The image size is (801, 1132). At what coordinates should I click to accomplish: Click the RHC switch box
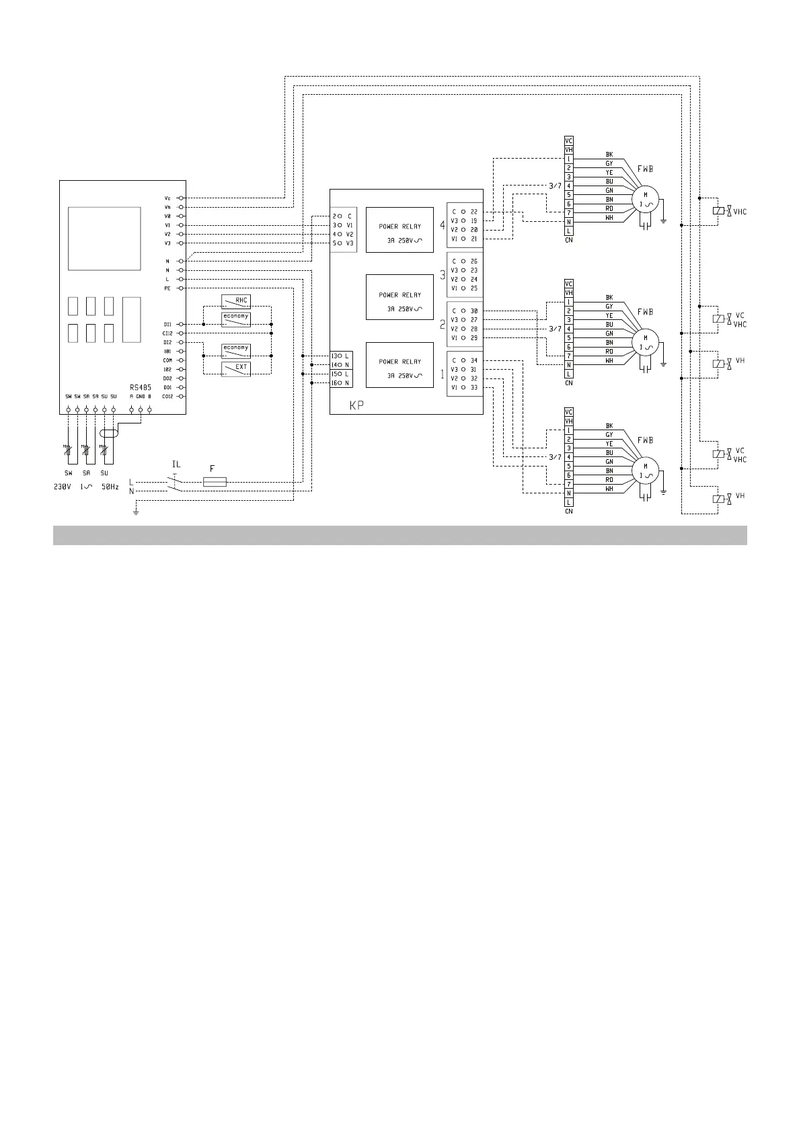[x=236, y=301]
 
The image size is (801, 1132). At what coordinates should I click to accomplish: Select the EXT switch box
[x=236, y=368]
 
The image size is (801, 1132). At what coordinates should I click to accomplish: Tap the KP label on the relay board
[x=356, y=406]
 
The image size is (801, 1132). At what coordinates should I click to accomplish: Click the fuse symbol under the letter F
[x=215, y=482]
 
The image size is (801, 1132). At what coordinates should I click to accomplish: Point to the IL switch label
[x=176, y=464]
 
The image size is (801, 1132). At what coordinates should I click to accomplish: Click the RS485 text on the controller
[x=141, y=387]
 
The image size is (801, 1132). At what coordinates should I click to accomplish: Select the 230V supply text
[x=62, y=487]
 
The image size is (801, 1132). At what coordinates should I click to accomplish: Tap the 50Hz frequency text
[x=110, y=487]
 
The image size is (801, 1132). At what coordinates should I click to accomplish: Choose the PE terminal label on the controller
[x=167, y=288]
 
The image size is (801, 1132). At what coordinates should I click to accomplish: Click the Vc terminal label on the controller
[x=167, y=198]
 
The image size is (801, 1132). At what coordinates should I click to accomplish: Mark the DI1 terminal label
[x=167, y=324]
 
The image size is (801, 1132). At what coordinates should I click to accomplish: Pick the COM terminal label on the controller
[x=167, y=360]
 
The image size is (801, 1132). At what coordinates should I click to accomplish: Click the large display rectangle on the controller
[x=104, y=238]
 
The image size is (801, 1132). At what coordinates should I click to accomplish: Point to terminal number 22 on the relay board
[x=474, y=212]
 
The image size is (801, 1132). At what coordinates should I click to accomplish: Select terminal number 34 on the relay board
[x=474, y=361]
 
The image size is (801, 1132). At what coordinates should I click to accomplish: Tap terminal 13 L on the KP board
[x=340, y=356]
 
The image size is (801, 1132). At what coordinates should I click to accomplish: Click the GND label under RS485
[x=140, y=397]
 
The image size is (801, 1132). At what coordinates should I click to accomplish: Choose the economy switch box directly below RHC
[x=236, y=319]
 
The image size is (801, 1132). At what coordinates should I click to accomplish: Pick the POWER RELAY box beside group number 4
[x=399, y=230]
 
